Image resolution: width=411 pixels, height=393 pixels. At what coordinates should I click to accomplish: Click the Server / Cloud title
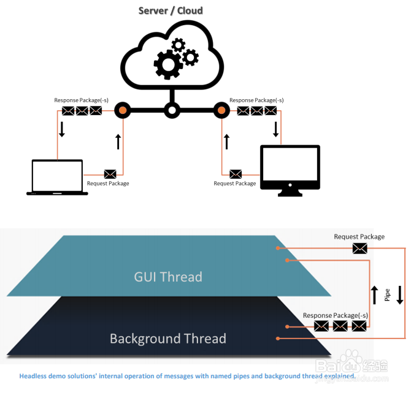(171, 10)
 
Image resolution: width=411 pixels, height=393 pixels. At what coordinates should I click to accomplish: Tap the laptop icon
(57, 178)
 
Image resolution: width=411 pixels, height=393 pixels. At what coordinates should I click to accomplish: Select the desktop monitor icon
(290, 171)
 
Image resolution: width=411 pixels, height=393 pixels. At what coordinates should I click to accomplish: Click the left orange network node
(123, 111)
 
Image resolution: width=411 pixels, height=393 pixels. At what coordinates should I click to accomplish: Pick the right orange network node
(221, 111)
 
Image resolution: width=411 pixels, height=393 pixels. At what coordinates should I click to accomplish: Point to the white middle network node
(172, 111)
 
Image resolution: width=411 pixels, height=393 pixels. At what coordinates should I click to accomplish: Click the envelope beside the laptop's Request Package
(110, 174)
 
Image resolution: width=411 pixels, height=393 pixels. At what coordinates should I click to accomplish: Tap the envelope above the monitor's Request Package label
(236, 174)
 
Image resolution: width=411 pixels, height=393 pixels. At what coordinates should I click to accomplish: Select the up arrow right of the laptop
(118, 141)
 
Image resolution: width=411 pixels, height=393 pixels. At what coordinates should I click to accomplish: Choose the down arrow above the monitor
(275, 129)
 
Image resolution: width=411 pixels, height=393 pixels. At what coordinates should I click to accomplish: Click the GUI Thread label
(168, 277)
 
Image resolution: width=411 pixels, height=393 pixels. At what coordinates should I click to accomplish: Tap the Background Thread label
(167, 339)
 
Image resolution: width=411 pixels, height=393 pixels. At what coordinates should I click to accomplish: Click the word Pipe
(387, 295)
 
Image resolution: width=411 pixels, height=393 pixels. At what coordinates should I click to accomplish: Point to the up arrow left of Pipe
(375, 294)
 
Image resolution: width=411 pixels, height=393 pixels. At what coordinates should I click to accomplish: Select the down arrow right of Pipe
(399, 294)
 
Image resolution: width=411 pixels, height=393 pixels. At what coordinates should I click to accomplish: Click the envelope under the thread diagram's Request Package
(360, 248)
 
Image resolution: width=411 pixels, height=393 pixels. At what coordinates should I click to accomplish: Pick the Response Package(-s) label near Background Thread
(336, 315)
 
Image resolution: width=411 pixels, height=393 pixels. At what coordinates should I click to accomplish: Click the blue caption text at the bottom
(187, 375)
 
